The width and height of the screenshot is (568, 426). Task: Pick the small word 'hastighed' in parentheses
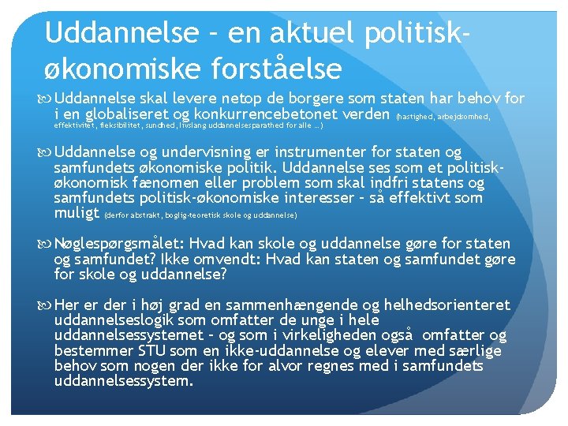413,116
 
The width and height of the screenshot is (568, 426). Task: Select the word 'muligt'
77,212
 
